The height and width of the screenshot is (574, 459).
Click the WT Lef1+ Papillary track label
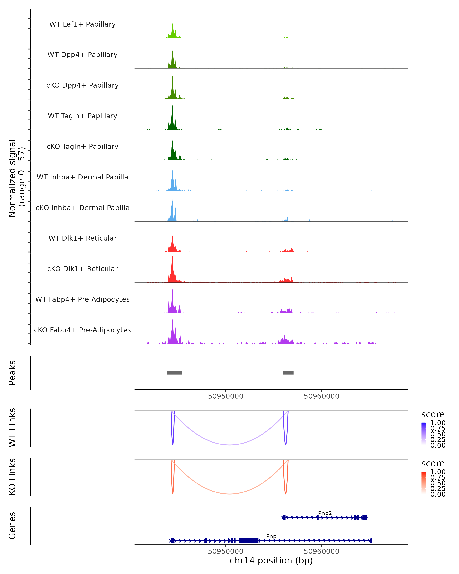pyautogui.click(x=82, y=24)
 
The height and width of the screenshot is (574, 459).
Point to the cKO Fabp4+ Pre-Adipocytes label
pyautogui.click(x=82, y=330)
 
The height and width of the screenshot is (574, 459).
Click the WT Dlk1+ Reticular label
pyautogui.click(x=82, y=238)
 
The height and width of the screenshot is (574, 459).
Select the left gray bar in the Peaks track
pyautogui.click(x=174, y=373)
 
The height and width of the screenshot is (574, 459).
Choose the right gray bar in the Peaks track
pyautogui.click(x=288, y=373)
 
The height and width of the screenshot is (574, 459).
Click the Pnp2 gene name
pyautogui.click(x=325, y=513)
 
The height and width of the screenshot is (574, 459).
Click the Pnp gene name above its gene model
pyautogui.click(x=271, y=536)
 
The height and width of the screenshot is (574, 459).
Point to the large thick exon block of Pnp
pyautogui.click(x=248, y=541)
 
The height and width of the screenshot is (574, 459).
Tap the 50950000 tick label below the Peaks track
pyautogui.click(x=226, y=396)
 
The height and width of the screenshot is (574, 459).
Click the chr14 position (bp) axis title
pyautogui.click(x=271, y=561)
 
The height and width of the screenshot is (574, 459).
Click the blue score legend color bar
pyautogui.click(x=424, y=434)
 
